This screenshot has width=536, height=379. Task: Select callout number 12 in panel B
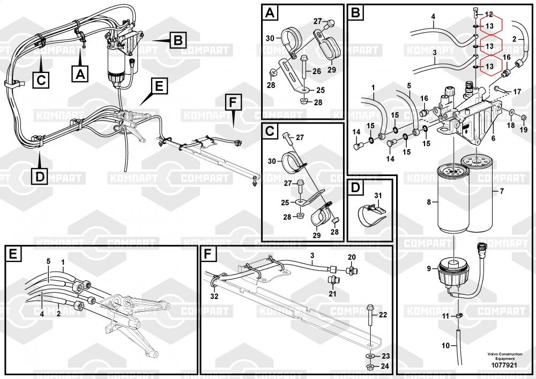pyautogui.click(x=488, y=14)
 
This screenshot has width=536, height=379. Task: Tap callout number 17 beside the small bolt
pyautogui.click(x=517, y=92)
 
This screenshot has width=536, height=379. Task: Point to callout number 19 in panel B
pyautogui.click(x=524, y=130)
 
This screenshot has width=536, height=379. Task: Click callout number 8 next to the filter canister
pyautogui.click(x=428, y=202)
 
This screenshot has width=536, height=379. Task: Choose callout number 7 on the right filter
pyautogui.click(x=502, y=192)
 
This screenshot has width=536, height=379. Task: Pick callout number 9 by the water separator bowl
pyautogui.click(x=429, y=268)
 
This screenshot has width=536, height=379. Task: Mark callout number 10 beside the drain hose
pyautogui.click(x=445, y=346)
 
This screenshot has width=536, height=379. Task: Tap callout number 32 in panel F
pyautogui.click(x=214, y=296)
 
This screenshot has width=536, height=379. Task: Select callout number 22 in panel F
pyautogui.click(x=382, y=314)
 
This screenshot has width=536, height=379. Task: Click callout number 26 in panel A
pyautogui.click(x=316, y=71)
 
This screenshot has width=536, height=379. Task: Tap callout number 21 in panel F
pyautogui.click(x=332, y=294)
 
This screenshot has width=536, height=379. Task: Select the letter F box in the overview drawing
pyautogui.click(x=232, y=102)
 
